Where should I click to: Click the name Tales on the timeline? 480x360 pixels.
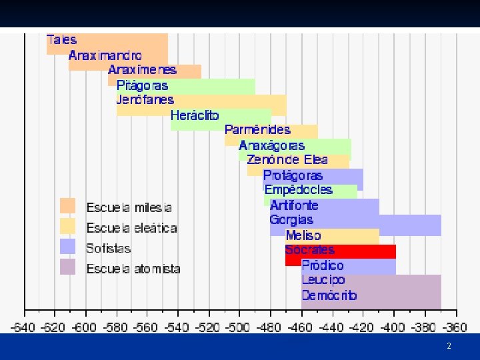[x=61, y=40]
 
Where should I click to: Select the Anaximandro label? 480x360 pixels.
[x=105, y=55]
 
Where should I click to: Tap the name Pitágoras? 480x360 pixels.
[x=143, y=85]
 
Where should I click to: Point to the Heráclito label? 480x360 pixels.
[x=195, y=115]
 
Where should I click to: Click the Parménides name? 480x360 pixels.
[x=257, y=130]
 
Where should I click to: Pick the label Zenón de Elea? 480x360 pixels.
[x=287, y=159]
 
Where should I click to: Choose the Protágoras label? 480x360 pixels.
[x=293, y=176]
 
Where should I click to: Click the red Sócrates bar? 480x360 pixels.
[x=341, y=251]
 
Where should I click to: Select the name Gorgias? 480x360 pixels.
[x=291, y=220]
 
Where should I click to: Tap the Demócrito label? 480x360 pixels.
[x=329, y=295]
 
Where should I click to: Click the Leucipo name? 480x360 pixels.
[x=323, y=280]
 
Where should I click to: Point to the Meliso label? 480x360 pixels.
[x=303, y=235]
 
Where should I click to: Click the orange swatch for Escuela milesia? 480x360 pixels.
[x=67, y=206]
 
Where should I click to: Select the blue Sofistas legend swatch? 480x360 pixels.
[x=67, y=247]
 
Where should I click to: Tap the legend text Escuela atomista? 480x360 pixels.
[x=133, y=269]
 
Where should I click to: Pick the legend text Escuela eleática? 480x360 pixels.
[x=131, y=228]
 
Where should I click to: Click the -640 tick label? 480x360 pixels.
[x=23, y=327]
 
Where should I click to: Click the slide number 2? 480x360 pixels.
[x=449, y=346]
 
